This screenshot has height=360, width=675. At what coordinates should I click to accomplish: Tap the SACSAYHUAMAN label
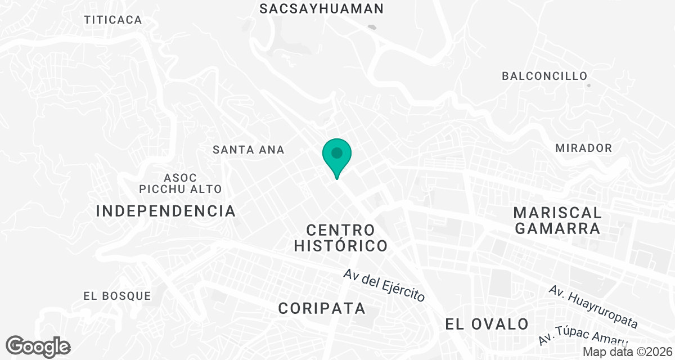(x=322, y=8)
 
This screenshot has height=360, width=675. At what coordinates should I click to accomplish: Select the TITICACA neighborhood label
(x=113, y=20)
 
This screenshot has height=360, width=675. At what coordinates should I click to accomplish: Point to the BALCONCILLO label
(x=544, y=75)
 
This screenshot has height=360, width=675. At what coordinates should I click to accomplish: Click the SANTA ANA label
(x=249, y=150)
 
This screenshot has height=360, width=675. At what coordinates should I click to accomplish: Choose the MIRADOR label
(x=583, y=148)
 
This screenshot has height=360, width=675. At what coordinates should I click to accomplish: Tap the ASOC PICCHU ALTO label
(x=181, y=183)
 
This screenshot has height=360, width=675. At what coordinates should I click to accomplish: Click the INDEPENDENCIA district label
(x=166, y=211)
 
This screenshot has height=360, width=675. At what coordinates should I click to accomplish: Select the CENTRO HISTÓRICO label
(x=341, y=237)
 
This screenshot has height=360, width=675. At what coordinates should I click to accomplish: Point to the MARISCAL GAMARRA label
(x=557, y=220)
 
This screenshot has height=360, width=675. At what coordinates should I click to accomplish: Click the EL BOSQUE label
(x=117, y=295)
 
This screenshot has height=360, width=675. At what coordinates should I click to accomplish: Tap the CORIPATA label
(x=322, y=308)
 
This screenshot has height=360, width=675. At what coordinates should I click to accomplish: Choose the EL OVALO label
(x=487, y=324)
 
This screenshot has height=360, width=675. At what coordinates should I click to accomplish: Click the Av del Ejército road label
(x=385, y=286)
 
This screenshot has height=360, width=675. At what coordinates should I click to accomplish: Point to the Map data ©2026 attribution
(x=627, y=352)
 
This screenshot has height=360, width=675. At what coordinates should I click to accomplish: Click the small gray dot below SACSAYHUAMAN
(x=371, y=26)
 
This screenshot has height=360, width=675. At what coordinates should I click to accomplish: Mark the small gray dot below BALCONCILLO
(x=588, y=85)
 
